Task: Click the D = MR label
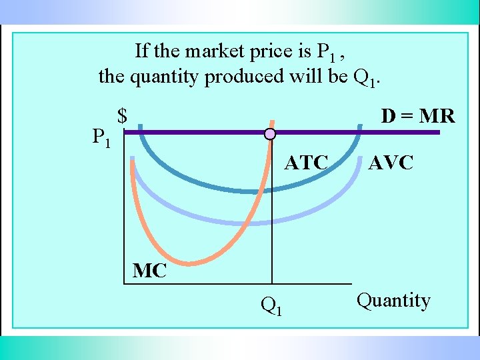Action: (417, 117)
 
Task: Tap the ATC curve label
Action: (306, 163)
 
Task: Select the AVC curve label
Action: (391, 163)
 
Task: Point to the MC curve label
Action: (149, 271)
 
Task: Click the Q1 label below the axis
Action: (271, 305)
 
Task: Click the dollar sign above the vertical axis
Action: (122, 116)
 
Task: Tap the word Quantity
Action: (393, 301)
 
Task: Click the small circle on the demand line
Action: (269, 134)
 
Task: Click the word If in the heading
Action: (141, 51)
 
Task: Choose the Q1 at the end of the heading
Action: (365, 79)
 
